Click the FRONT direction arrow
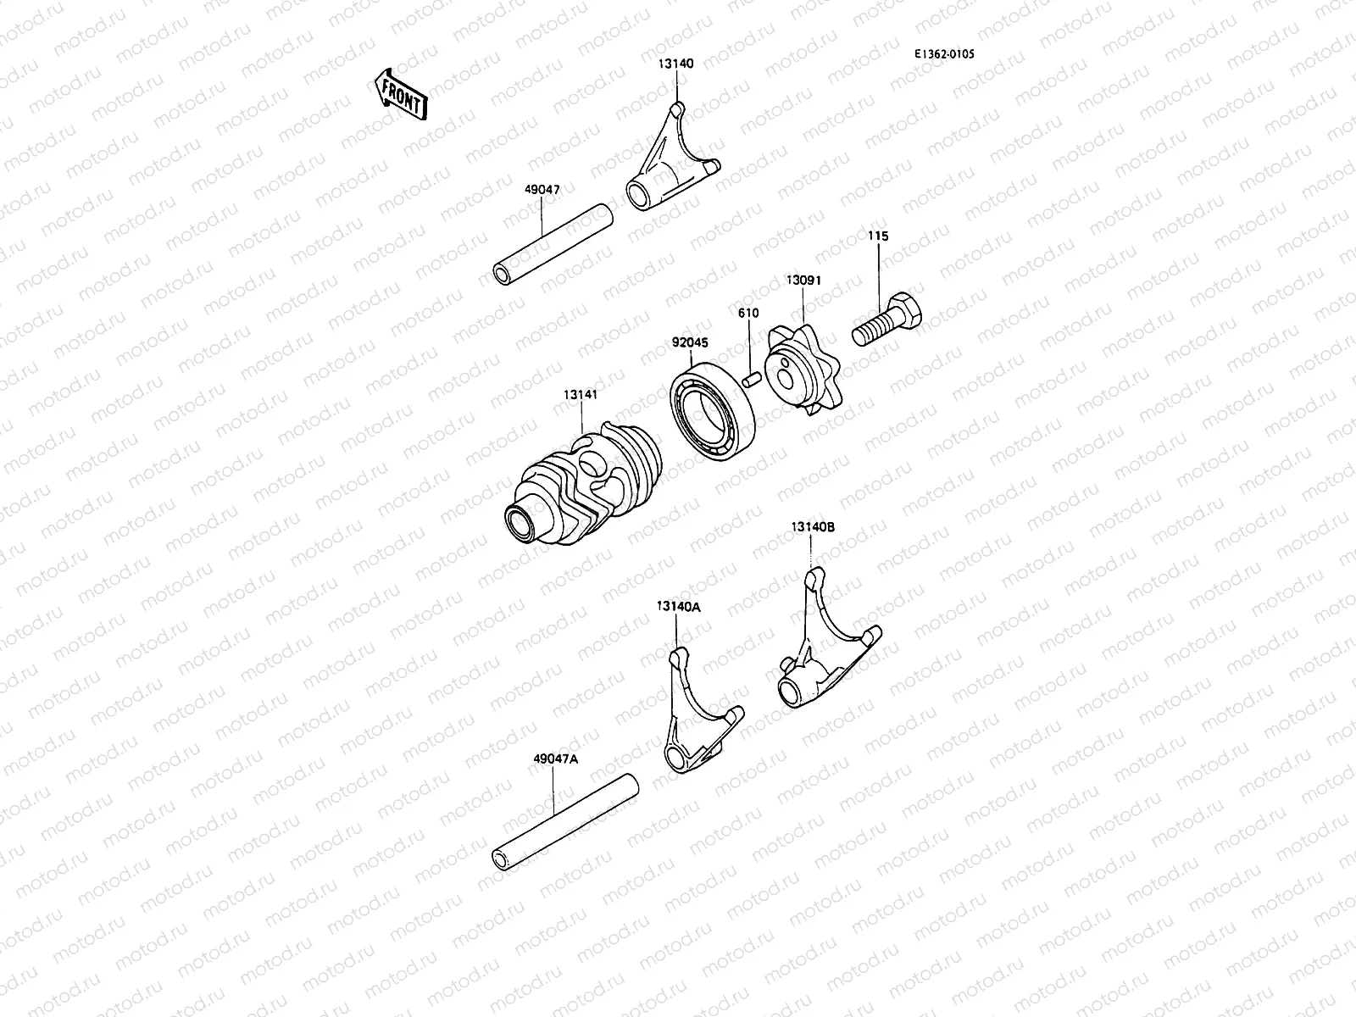click(x=400, y=93)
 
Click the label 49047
click(x=541, y=191)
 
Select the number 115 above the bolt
click(x=878, y=236)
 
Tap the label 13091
click(x=803, y=280)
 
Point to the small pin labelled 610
click(x=749, y=376)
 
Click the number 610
click(x=747, y=313)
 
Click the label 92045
click(x=690, y=343)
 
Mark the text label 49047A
click(x=555, y=759)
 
